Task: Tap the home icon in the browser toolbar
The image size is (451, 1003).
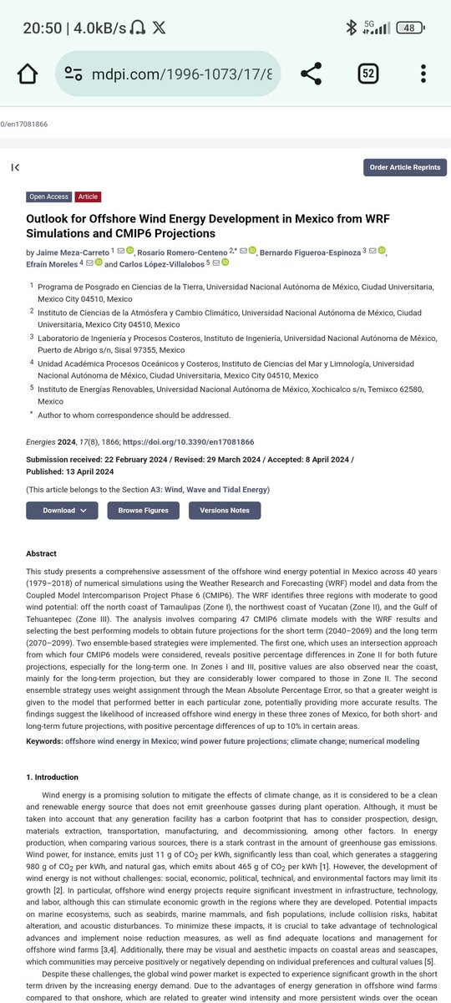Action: [27, 74]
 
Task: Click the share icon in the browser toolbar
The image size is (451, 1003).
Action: [311, 74]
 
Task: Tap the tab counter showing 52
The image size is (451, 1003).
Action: [367, 74]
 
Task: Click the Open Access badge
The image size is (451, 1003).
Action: [48, 196]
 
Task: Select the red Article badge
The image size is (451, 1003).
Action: [88, 196]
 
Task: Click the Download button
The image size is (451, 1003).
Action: [62, 510]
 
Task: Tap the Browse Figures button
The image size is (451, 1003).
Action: [143, 510]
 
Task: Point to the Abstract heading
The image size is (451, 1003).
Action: [42, 553]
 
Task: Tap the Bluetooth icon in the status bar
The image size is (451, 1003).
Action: [352, 28]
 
